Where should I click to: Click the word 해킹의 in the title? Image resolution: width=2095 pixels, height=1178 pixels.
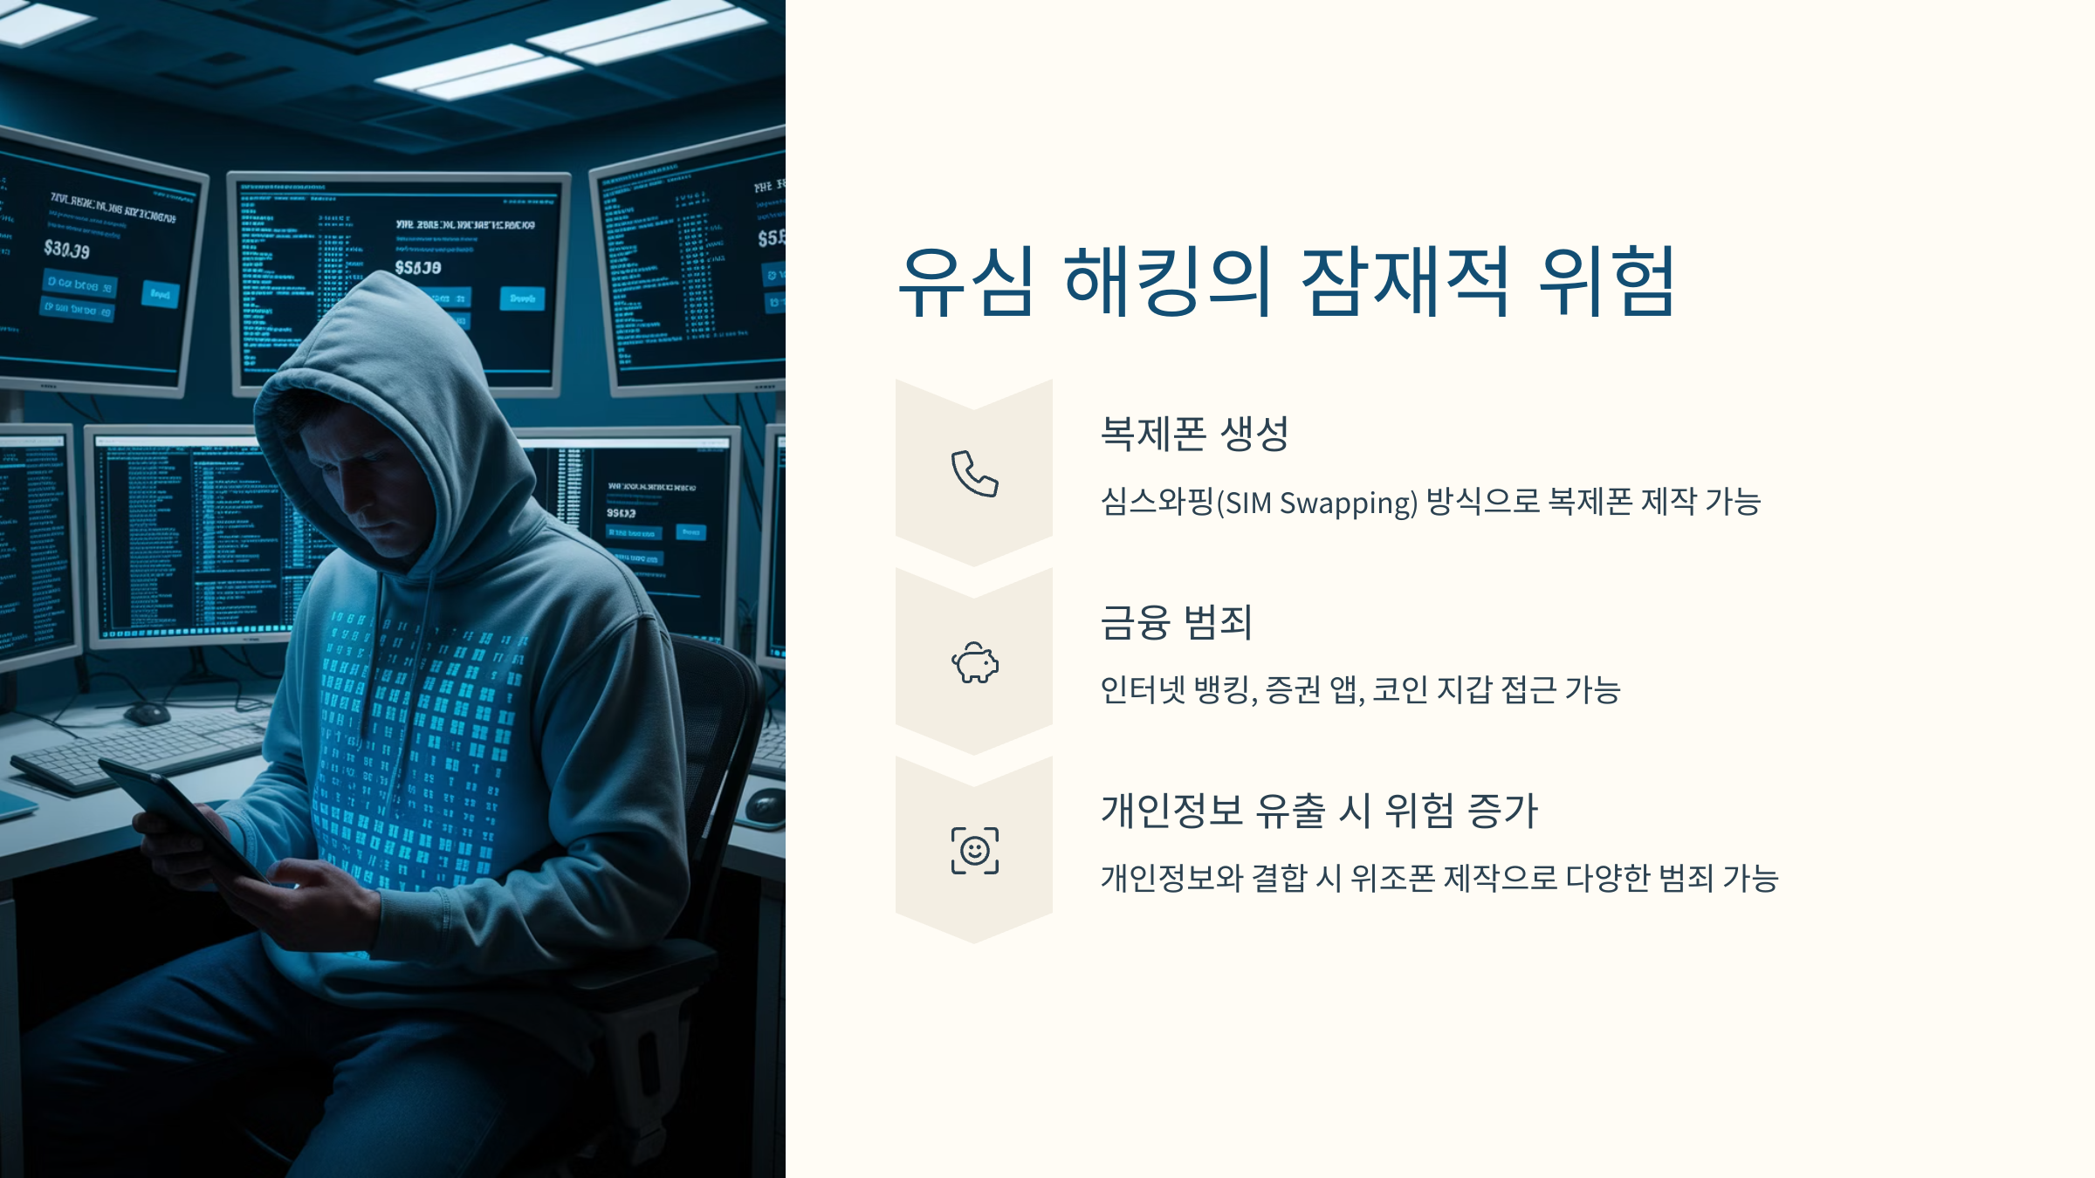click(x=1167, y=281)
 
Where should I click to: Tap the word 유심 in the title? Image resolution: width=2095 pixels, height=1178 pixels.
click(x=966, y=281)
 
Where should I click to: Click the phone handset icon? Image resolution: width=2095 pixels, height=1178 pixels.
click(x=974, y=474)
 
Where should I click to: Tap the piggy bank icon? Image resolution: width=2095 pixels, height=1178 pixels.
click(x=974, y=663)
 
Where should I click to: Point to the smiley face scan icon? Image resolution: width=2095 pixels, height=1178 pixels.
click(x=974, y=851)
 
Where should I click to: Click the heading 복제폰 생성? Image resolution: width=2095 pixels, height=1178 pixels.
click(x=1194, y=434)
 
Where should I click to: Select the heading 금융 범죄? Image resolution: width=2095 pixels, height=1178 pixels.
click(x=1176, y=622)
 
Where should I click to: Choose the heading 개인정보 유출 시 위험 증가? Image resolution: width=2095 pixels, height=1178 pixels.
click(x=1318, y=811)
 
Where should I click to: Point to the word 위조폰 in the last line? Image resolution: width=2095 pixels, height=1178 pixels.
click(x=1392, y=878)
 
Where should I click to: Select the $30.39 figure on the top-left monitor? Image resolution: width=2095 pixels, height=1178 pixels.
click(x=67, y=250)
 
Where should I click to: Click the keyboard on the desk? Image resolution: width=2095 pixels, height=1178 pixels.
click(x=131, y=750)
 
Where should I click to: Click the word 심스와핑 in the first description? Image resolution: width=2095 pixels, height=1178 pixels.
click(x=1157, y=502)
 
